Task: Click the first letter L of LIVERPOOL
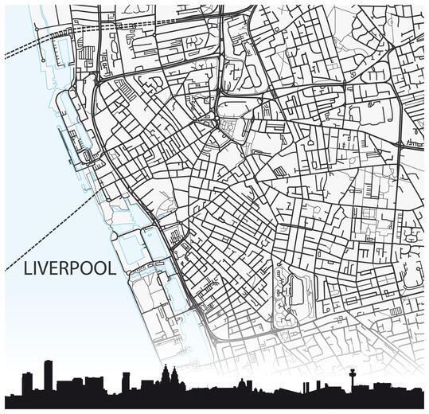(29, 269)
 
